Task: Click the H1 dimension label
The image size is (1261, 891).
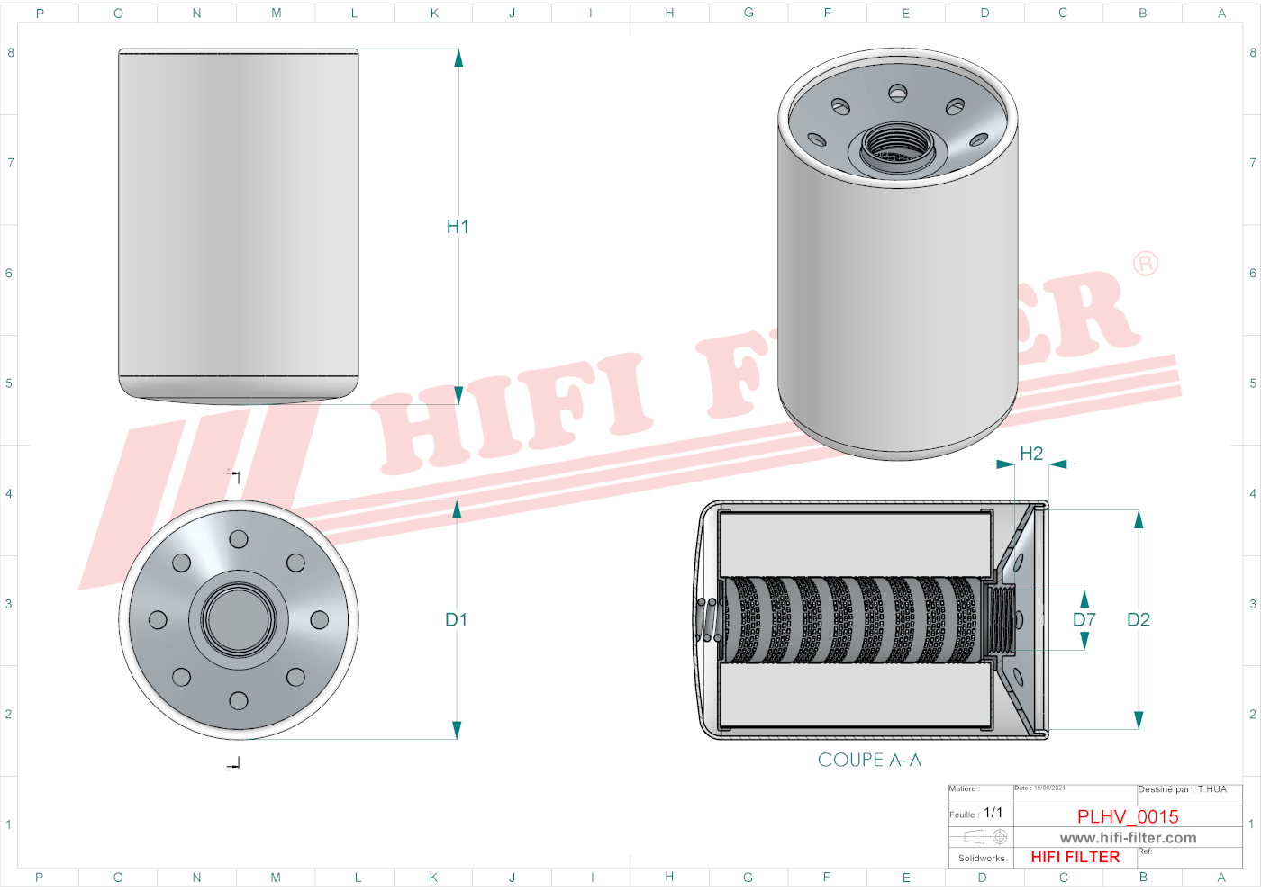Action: (458, 227)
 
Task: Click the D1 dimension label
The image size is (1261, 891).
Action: (456, 620)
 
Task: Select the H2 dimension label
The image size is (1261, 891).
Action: (1031, 454)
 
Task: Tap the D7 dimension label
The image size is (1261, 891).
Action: (1084, 620)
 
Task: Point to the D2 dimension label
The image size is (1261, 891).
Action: (1139, 620)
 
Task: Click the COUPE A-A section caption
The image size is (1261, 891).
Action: (869, 760)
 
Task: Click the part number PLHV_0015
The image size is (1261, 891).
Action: (1128, 816)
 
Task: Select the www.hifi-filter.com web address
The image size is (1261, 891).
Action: (1128, 838)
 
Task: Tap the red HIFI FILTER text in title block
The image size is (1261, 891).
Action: (1075, 857)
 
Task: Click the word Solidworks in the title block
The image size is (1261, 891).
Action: (981, 859)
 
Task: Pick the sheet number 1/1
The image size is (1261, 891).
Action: (993, 813)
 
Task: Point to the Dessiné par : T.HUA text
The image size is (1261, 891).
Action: (1182, 789)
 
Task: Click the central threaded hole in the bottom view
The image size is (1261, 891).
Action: (239, 620)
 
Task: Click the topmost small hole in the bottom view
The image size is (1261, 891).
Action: (239, 539)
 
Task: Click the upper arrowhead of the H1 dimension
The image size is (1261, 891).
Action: (458, 58)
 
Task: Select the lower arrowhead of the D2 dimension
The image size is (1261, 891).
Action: (1139, 720)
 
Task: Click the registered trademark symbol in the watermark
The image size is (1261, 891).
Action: (1146, 264)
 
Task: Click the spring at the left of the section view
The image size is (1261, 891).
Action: (709, 619)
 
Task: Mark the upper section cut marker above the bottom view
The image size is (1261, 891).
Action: (234, 474)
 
